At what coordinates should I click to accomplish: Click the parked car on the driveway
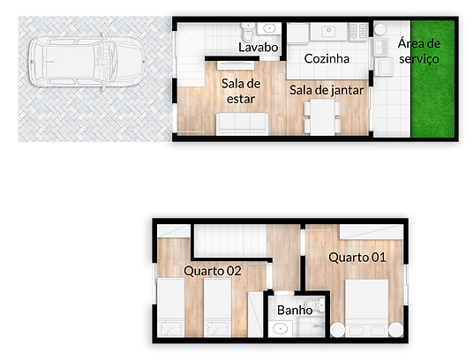tap(86, 62)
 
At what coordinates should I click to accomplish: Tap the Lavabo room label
tap(259, 48)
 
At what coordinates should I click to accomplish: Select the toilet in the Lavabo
tap(249, 33)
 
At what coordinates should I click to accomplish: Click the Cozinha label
tap(327, 58)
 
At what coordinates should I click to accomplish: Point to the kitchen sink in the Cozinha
tap(328, 31)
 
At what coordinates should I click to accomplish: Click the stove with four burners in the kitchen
tap(358, 32)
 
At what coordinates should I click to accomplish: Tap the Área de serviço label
tap(419, 51)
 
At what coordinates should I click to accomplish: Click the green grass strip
tap(432, 79)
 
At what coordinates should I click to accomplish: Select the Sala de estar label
tap(241, 91)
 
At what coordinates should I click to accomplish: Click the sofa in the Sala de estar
tap(242, 124)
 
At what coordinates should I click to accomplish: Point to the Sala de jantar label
tap(327, 90)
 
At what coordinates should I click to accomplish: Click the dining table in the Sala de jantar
tap(322, 117)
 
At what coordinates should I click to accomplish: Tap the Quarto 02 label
tap(213, 271)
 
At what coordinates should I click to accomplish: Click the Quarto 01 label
tap(357, 257)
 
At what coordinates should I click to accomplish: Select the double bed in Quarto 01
tap(367, 308)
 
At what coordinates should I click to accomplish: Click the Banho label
tap(295, 310)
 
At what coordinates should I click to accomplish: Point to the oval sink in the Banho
tap(280, 328)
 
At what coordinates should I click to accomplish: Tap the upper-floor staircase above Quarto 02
tap(229, 241)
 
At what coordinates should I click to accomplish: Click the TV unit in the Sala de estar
tap(236, 65)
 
